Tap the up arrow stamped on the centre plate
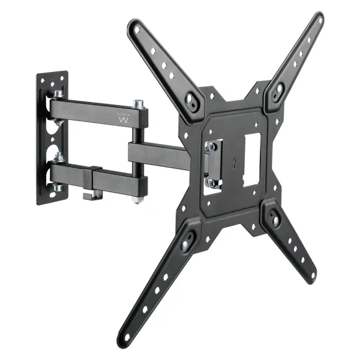(x=232, y=162)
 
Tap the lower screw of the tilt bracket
(x=211, y=182)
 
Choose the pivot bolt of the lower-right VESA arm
(x=275, y=220)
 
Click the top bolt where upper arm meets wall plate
(x=59, y=94)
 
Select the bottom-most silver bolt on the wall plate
(x=58, y=188)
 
